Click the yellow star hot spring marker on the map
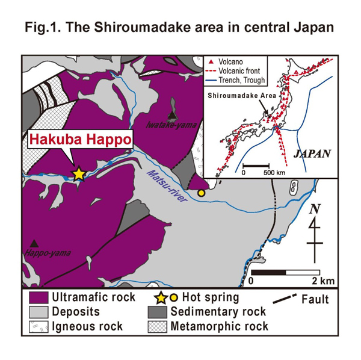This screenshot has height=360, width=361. [x=79, y=173]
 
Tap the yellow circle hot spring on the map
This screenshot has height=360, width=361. [x=201, y=193]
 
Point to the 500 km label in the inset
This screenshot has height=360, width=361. [x=275, y=173]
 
